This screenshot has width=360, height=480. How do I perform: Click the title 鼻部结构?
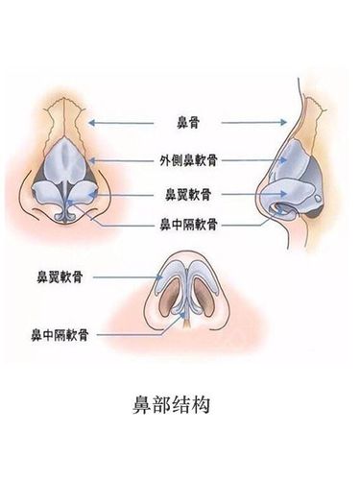pos(180,430)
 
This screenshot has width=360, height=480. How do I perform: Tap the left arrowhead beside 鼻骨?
pos(92,122)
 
